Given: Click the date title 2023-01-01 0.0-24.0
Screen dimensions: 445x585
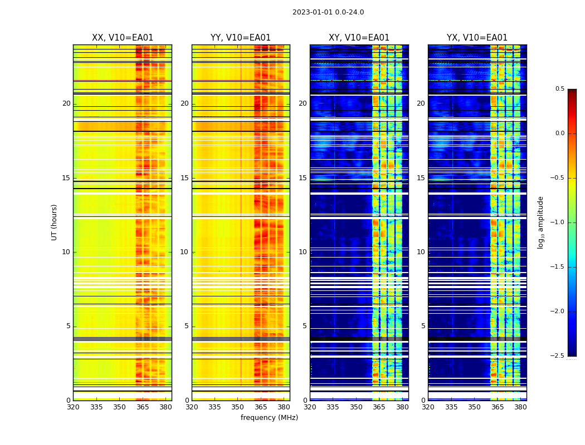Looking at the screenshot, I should click(x=328, y=12).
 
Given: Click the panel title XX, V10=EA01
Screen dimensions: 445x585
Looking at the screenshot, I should click(x=123, y=38).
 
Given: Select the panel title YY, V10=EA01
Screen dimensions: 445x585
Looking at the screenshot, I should click(x=241, y=38).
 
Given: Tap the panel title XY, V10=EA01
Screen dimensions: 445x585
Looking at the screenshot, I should click(x=359, y=38).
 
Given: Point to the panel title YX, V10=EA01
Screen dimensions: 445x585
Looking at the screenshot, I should click(x=477, y=38).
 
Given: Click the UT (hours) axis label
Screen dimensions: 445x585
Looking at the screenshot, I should click(x=54, y=222).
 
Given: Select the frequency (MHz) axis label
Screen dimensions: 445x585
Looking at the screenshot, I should click(x=269, y=418).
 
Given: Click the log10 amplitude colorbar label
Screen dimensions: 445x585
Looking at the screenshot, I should click(x=540, y=222).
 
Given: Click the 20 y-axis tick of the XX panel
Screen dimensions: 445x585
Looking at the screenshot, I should click(x=66, y=103).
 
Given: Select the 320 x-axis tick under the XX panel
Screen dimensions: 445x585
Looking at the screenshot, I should click(x=73, y=407).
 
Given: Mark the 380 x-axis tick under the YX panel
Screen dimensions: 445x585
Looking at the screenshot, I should click(x=520, y=407).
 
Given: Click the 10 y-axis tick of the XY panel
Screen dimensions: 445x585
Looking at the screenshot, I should click(x=303, y=252).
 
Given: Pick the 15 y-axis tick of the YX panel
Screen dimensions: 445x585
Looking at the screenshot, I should click(x=421, y=178).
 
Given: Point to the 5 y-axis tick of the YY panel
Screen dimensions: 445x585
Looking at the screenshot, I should click(x=187, y=326).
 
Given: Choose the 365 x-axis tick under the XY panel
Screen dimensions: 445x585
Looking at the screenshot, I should click(x=379, y=407).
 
